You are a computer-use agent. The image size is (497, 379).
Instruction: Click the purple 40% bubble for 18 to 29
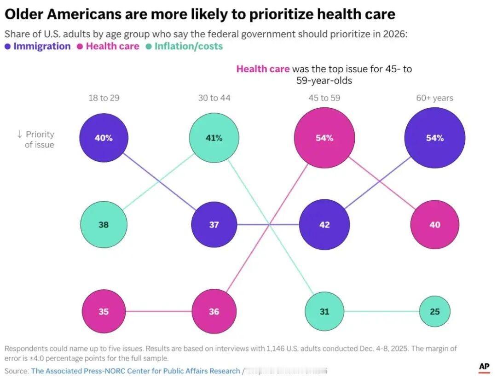click(104, 138)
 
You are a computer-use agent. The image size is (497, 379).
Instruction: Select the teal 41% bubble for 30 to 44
click(214, 138)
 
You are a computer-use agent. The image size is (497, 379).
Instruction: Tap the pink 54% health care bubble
click(324, 138)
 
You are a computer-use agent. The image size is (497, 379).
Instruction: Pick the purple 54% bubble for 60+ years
click(435, 138)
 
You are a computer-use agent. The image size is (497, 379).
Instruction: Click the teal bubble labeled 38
click(104, 225)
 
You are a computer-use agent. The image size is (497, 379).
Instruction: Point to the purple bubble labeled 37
click(214, 225)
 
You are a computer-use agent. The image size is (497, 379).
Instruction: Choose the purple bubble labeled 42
click(324, 225)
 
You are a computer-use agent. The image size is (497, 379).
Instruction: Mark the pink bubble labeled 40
click(435, 225)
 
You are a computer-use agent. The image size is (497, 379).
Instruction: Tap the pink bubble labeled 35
click(104, 312)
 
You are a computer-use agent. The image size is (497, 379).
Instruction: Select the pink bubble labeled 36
click(214, 312)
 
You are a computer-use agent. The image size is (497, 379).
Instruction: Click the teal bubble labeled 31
click(324, 312)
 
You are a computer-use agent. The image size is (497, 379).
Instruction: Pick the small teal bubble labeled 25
click(435, 312)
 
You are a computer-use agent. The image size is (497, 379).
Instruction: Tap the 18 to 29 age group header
click(104, 98)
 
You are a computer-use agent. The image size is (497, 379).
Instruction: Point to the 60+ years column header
click(435, 98)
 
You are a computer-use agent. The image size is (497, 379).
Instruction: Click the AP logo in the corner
click(484, 367)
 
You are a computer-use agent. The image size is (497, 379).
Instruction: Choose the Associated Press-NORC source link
click(135, 371)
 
